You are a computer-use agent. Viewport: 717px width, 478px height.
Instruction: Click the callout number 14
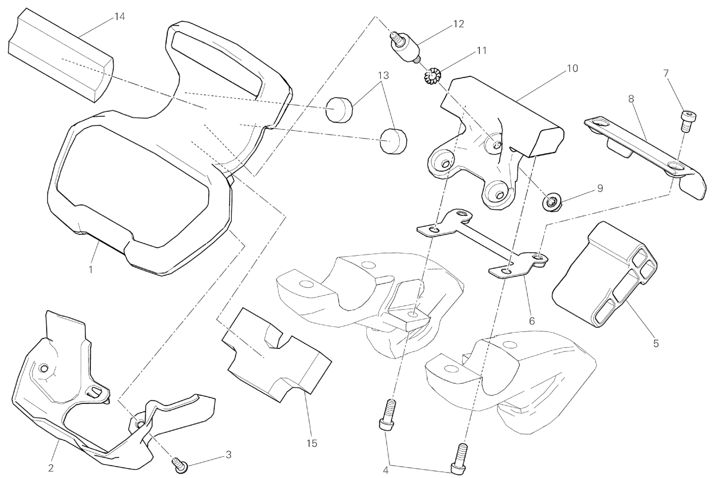tap(120, 17)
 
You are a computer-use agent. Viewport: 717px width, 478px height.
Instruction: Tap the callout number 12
tap(459, 24)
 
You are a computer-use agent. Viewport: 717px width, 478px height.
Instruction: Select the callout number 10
tap(572, 68)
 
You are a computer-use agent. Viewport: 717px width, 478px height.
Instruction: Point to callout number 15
tap(312, 443)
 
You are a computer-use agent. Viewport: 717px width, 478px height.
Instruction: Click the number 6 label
tap(532, 321)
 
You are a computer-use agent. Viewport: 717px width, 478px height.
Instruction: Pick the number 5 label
tap(656, 343)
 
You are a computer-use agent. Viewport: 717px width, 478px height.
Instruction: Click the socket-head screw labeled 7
tap(685, 121)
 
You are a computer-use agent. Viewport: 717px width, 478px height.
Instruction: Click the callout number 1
tap(91, 270)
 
